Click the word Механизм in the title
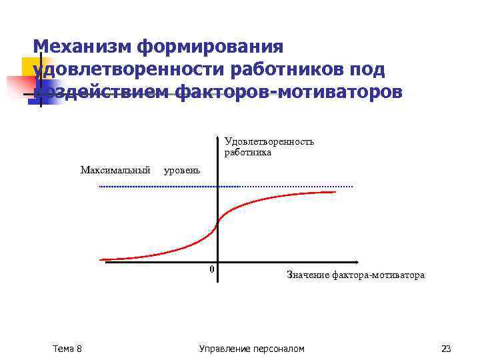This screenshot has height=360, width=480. [82, 47]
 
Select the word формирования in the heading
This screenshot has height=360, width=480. [211, 47]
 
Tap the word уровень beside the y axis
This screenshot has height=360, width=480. [181, 171]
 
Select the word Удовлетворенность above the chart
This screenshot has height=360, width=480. [269, 141]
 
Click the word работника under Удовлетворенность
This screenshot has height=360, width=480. [248, 152]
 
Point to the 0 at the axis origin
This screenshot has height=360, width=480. [211, 269]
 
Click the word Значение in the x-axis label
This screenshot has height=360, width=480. [307, 275]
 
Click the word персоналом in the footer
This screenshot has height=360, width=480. [280, 349]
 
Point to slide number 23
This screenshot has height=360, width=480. [446, 349]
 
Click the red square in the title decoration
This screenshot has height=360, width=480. [19, 87]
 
